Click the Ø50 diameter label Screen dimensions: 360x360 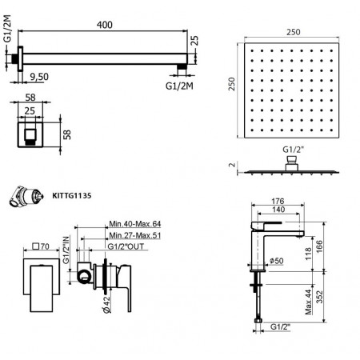276,260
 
